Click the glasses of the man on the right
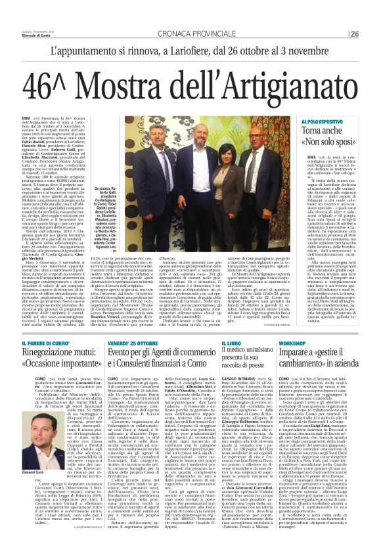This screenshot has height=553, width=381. click(x=256, y=137)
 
